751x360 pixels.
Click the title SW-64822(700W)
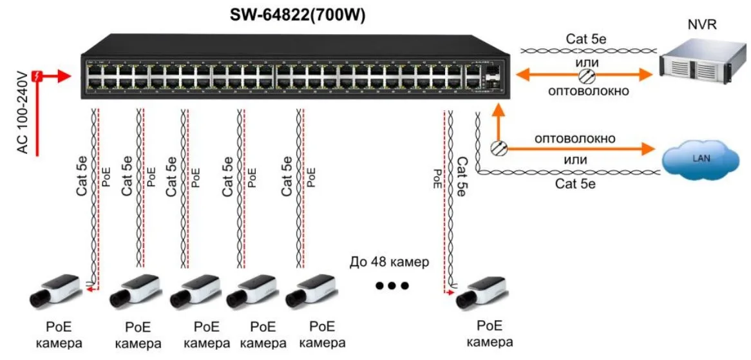tap(298, 15)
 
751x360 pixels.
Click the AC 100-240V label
tap(23, 113)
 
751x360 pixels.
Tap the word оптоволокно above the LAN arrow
tap(575, 138)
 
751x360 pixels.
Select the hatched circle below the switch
tap(498, 149)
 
